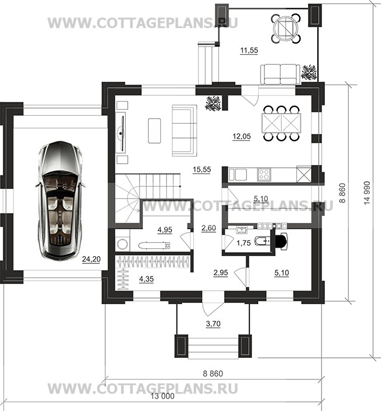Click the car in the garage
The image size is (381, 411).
coord(60,201)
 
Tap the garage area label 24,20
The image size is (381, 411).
coord(91,259)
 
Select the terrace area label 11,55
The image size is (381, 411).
coord(249,50)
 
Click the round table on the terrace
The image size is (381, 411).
coord(286,28)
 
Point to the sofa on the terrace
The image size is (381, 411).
coord(280,74)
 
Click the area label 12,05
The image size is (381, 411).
coord(241,136)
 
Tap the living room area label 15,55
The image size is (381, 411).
coord(202,169)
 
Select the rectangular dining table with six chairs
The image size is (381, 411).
coord(281,123)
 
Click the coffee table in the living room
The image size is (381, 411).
coord(155,130)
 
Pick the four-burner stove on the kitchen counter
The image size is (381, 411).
coord(264,174)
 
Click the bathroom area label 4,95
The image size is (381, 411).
coord(165,230)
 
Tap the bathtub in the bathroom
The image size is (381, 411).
coord(155,245)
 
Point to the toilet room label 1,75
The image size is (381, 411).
coord(243,243)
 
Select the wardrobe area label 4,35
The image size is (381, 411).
coord(146,279)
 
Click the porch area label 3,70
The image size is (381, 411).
coord(213,324)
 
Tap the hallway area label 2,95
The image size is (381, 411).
coord(221,273)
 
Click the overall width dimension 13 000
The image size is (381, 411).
coord(162,396)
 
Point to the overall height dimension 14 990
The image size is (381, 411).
coord(367,193)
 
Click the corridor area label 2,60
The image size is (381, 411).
coord(209,228)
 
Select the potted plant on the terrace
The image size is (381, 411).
coord(309,72)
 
